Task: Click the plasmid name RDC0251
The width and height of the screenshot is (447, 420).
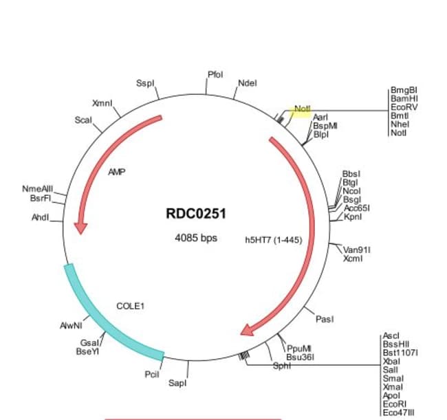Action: click(195, 214)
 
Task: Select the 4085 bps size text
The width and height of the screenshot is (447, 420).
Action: click(195, 239)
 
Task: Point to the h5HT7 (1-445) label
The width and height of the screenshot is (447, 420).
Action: click(274, 241)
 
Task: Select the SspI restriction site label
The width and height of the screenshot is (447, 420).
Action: click(145, 83)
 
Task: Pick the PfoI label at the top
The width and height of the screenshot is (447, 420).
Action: click(215, 74)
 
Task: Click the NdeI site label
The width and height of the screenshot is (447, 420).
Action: click(247, 83)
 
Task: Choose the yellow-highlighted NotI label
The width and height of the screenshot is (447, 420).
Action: click(302, 109)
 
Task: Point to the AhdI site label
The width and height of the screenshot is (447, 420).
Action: click(41, 217)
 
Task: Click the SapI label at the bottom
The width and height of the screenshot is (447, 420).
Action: click(177, 383)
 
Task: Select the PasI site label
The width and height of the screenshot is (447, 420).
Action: click(325, 319)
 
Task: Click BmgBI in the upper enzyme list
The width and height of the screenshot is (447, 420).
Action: click(404, 90)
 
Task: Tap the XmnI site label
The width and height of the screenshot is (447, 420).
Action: click(102, 103)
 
